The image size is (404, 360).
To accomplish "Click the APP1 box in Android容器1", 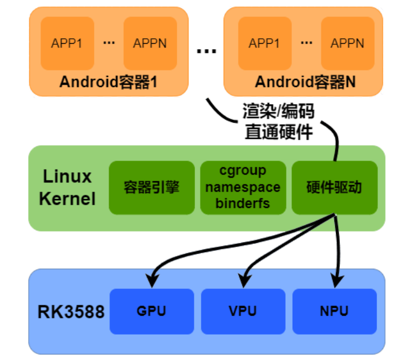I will [x=67, y=43].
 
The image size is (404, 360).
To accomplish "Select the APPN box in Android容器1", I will [x=150, y=43].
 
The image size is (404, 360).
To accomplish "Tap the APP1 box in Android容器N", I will [x=265, y=43].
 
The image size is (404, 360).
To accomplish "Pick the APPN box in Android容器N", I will [x=347, y=43].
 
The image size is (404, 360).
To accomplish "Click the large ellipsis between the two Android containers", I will [x=206, y=52].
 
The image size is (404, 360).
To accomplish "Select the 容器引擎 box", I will [x=151, y=187].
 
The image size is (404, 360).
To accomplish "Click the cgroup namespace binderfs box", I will [x=243, y=187].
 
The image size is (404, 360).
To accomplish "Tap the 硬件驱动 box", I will [x=334, y=187].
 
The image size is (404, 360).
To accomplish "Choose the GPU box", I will [x=151, y=311].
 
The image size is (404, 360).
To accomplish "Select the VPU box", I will [x=243, y=311].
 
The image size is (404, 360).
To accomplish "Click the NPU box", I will [x=334, y=311].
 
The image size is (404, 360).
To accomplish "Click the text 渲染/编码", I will [x=278, y=112].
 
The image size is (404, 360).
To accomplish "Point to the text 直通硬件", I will [x=278, y=132].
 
